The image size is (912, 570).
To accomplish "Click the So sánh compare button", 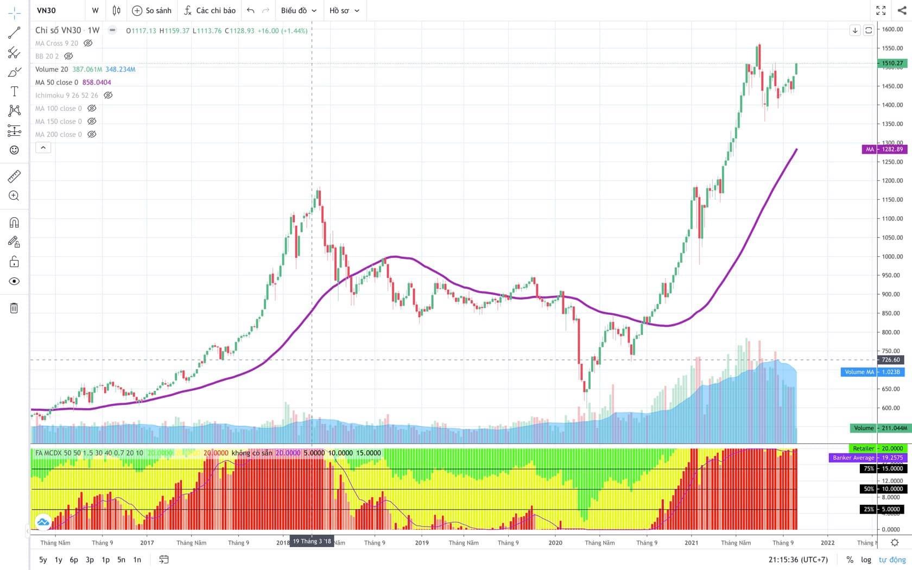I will coord(152,10).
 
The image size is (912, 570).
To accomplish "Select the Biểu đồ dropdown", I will coord(299,10).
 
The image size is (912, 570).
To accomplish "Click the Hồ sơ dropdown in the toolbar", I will coord(344,10).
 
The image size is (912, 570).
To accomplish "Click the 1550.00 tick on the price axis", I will coord(892,48).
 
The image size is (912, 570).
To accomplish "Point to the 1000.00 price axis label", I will coord(892,257).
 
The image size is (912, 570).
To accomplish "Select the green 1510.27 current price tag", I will coord(892,63).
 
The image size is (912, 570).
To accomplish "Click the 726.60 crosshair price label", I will coord(891,360).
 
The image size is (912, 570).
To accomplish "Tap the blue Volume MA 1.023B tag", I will coord(872,372).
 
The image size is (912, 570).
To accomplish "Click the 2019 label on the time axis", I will coord(422,542).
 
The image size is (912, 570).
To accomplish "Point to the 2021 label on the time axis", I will coord(691,542).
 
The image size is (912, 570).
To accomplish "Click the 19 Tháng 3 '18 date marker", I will coord(312,541).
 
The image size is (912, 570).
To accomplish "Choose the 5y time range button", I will coord(43,560).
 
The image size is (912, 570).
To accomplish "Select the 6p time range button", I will coord(74,560).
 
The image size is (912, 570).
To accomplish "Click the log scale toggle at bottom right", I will coord(866,560).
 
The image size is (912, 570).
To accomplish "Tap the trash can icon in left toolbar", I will coord(14,308).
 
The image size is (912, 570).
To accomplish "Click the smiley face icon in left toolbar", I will coord(14,150).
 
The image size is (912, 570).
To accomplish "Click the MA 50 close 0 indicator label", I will coord(56,83).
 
